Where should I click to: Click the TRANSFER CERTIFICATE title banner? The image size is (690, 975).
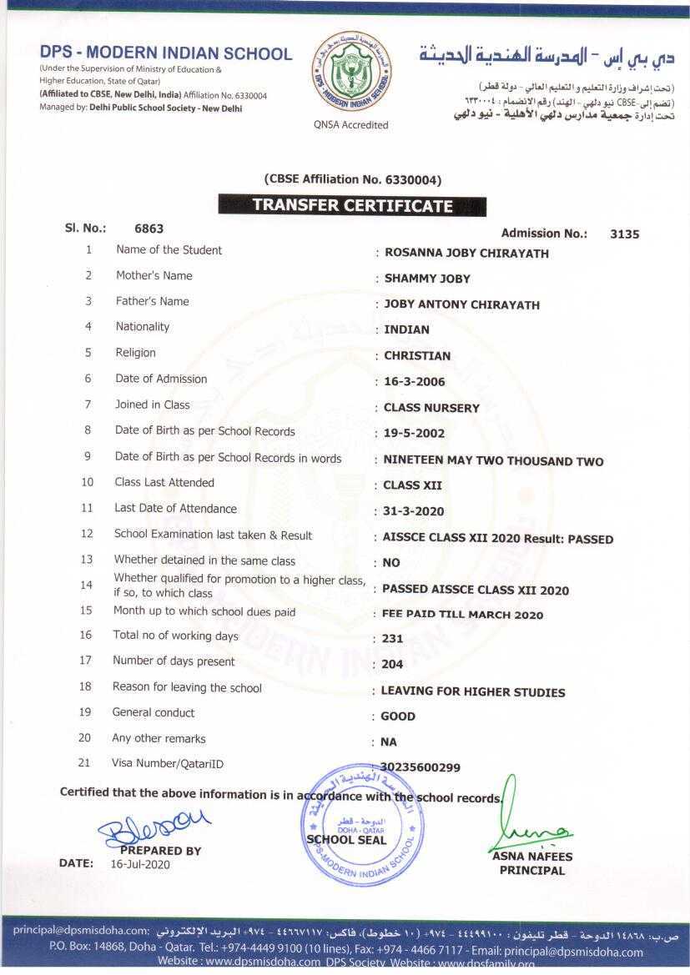(352, 205)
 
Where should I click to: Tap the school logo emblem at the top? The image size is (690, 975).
(350, 73)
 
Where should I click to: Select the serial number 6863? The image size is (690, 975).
(149, 229)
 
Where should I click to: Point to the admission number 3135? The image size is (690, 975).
(624, 234)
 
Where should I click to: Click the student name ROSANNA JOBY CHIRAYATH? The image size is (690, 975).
(466, 253)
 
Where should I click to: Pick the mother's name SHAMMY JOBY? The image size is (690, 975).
(427, 279)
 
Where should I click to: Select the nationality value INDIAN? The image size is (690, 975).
(406, 329)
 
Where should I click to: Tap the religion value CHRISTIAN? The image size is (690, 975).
(417, 355)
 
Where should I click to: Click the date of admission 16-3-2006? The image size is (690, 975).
(414, 382)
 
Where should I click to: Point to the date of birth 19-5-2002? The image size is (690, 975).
(414, 434)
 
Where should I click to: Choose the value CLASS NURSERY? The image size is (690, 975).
(431, 408)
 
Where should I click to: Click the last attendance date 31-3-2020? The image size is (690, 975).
(413, 511)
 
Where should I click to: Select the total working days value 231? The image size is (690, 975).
(392, 639)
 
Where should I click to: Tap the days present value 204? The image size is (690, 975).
(392, 665)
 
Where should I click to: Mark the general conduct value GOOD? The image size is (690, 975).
(398, 716)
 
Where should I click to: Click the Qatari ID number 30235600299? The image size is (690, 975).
(420, 767)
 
